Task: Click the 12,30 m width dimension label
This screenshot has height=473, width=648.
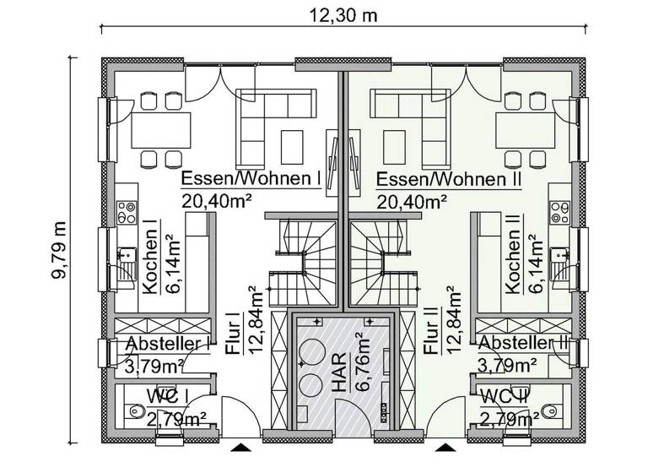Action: (x=345, y=14)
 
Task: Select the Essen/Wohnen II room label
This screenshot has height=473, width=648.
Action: (x=450, y=180)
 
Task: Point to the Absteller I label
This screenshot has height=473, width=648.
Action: (x=167, y=344)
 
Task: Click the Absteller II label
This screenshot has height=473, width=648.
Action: (x=523, y=344)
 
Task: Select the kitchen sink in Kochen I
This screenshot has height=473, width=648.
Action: (x=127, y=258)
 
